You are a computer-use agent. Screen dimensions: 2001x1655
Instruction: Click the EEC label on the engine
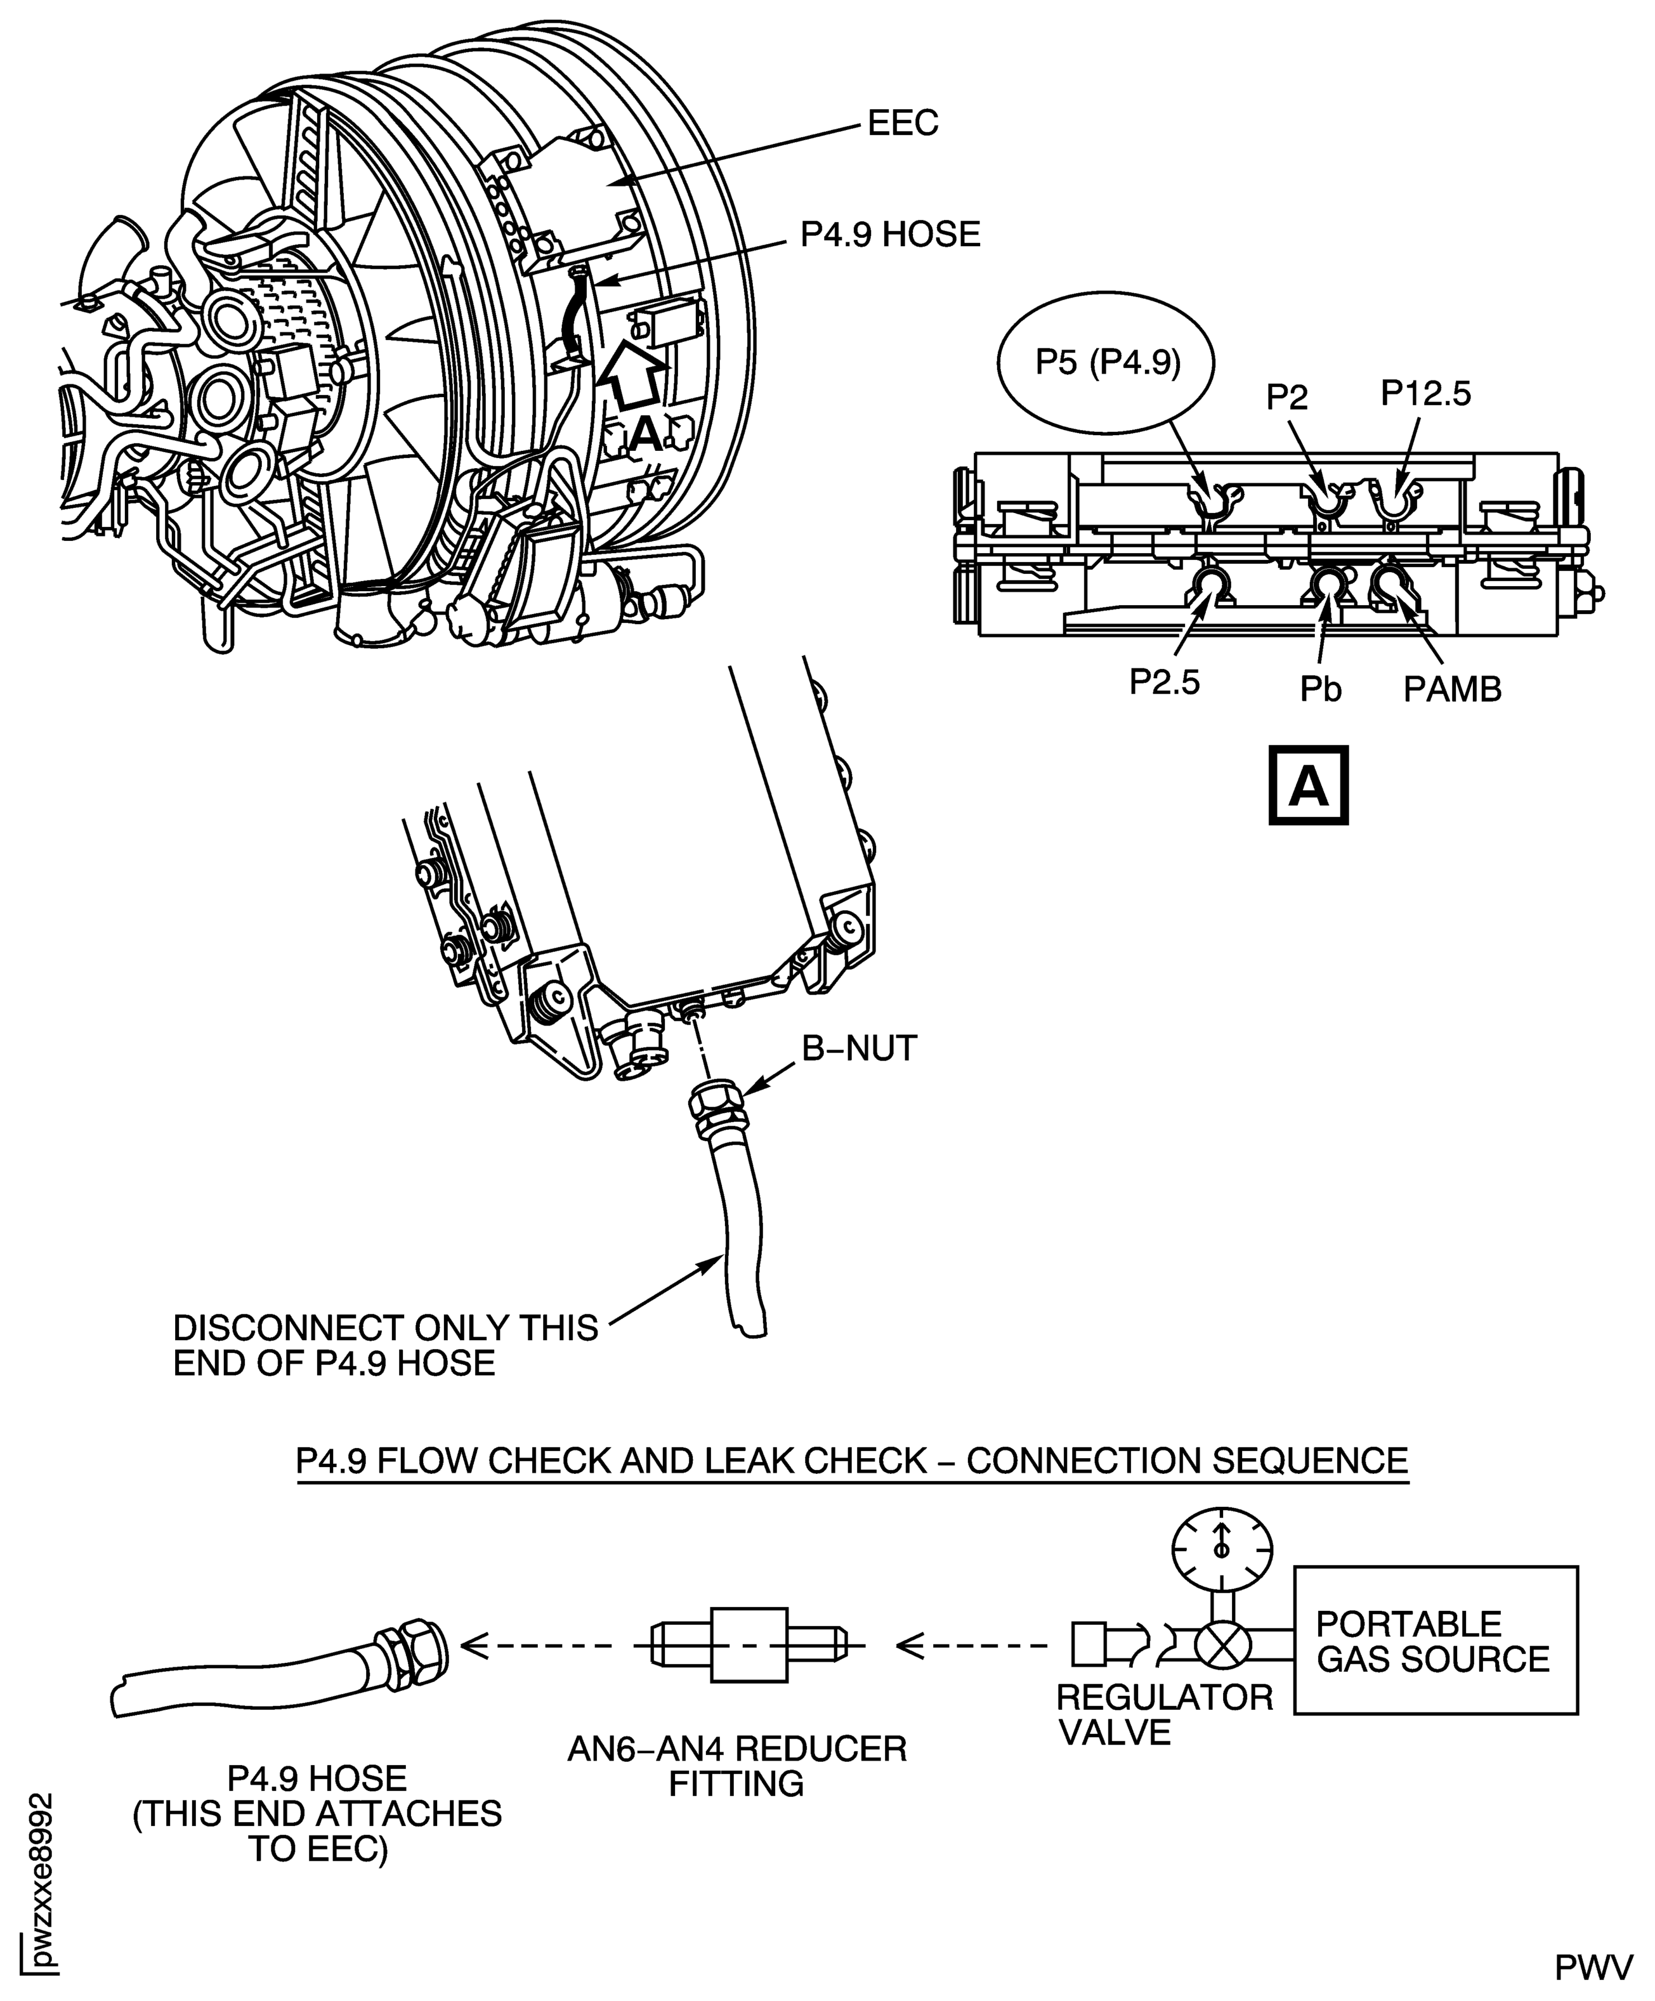[901, 123]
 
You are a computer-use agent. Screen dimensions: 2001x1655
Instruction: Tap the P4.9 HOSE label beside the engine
[889, 235]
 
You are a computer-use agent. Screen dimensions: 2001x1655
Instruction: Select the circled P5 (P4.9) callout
[1107, 364]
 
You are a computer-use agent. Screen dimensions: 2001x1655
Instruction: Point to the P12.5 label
[1425, 393]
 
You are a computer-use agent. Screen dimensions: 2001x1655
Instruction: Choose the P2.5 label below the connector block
[1164, 682]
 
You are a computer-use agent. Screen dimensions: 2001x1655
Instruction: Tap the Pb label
[1321, 689]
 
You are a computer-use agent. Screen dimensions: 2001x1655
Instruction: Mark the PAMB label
[1451, 689]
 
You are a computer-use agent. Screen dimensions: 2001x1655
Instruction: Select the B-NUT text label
[858, 1048]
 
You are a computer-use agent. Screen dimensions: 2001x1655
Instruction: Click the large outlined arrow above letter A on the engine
[630, 378]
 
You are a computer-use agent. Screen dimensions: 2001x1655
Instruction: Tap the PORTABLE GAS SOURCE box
[1435, 1641]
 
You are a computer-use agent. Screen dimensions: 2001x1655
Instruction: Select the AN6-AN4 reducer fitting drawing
[749, 1645]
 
